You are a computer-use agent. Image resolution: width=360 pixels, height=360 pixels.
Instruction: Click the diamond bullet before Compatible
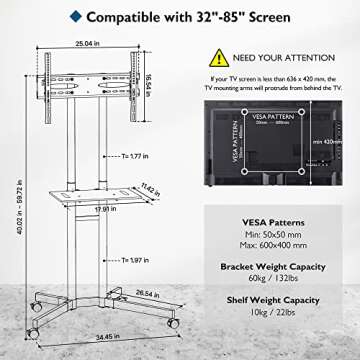coord(76,17)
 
